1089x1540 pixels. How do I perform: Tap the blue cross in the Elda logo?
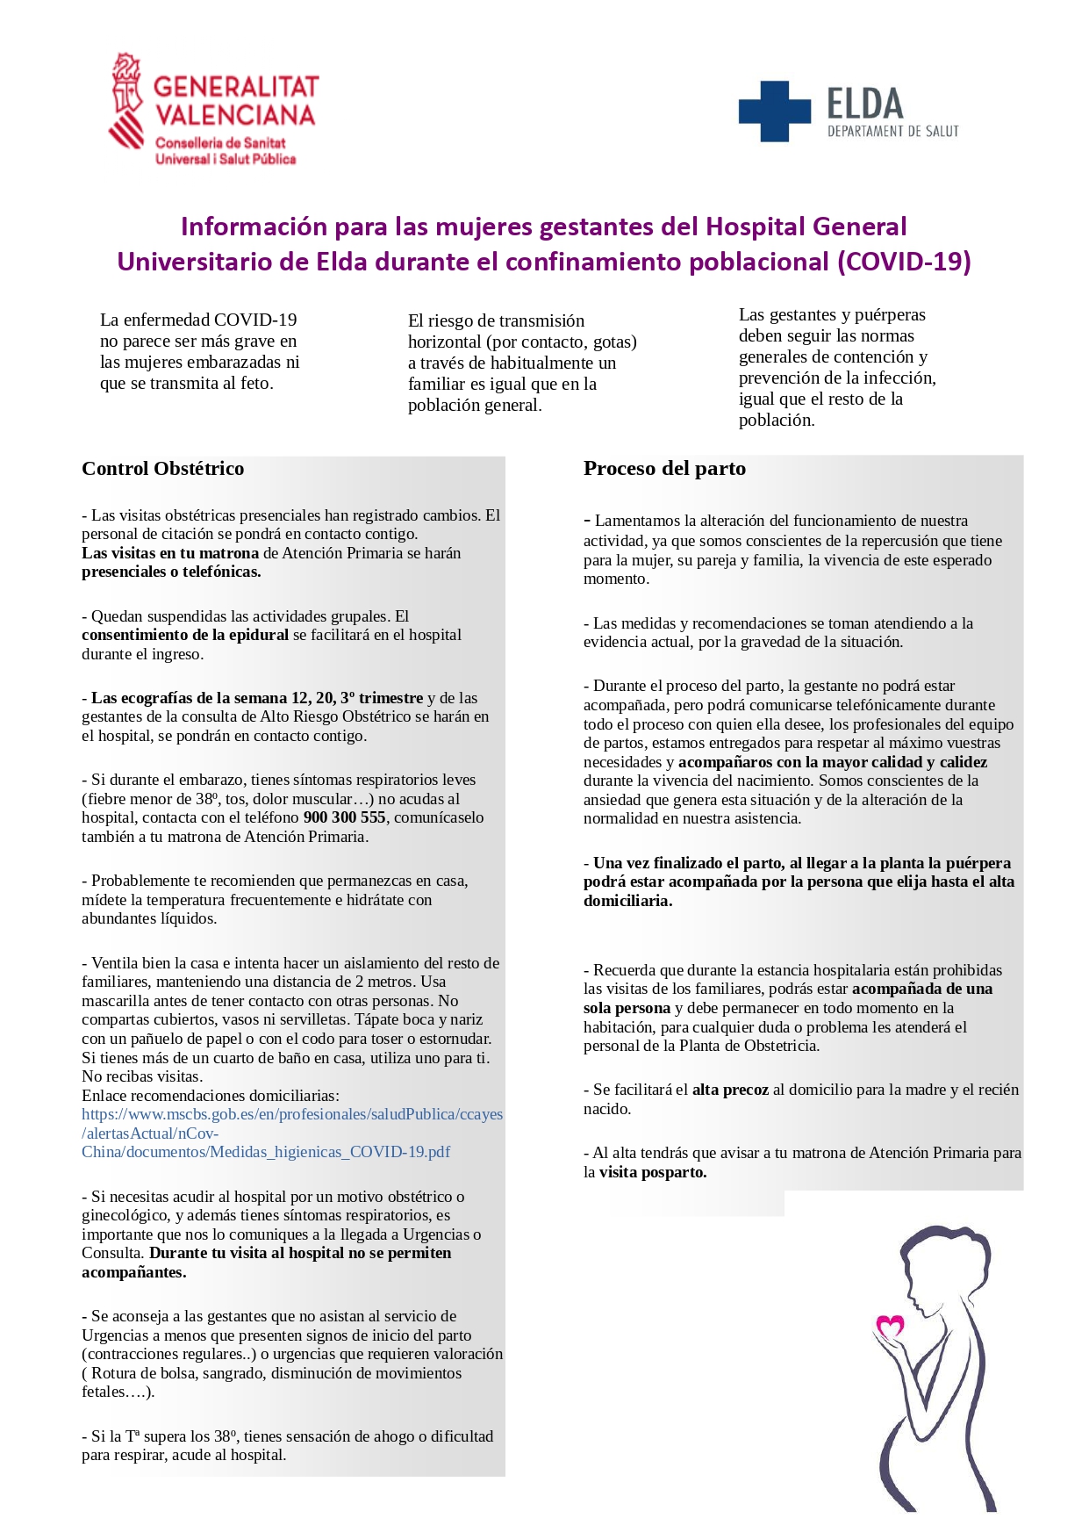click(774, 112)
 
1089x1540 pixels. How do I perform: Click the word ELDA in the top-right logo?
click(864, 104)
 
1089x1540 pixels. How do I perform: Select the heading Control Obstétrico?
click(163, 469)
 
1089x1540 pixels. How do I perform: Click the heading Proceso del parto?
click(664, 469)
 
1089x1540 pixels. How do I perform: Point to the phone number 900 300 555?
click(344, 817)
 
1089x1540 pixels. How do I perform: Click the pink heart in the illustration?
click(891, 1325)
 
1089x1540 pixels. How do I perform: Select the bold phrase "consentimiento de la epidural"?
click(185, 635)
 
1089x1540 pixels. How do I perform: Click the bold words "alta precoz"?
click(730, 1090)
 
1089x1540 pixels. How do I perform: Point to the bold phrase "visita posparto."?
click(653, 1172)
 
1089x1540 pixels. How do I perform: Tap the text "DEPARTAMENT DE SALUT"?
click(892, 132)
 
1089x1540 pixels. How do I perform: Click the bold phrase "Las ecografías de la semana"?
click(189, 698)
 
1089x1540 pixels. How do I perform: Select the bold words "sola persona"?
click(627, 1008)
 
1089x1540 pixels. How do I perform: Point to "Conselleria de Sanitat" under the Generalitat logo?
click(220, 143)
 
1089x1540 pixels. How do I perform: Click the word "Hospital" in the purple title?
click(756, 227)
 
